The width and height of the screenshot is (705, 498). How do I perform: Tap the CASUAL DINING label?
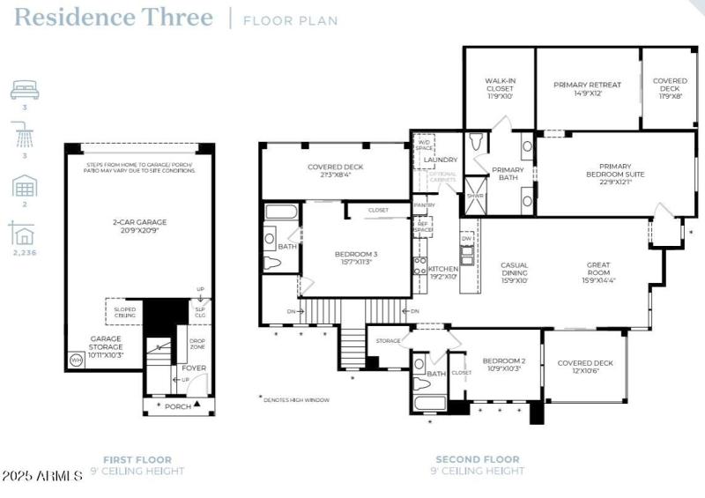(x=514, y=273)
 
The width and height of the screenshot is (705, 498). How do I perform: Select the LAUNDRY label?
(x=440, y=160)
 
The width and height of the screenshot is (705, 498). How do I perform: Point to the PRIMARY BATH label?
(x=508, y=175)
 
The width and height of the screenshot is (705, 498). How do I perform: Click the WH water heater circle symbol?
(x=76, y=360)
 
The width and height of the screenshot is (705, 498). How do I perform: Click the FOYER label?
(x=194, y=368)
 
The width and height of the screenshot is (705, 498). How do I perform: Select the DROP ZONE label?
(x=195, y=344)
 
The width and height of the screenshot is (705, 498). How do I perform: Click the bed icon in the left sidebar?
(x=25, y=90)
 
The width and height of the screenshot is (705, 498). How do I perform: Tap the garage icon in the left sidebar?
(x=25, y=187)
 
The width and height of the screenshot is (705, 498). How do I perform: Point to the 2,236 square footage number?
(x=25, y=252)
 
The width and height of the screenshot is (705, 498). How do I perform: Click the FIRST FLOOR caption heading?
(x=137, y=459)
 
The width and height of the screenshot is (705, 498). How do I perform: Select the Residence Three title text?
(x=114, y=18)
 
